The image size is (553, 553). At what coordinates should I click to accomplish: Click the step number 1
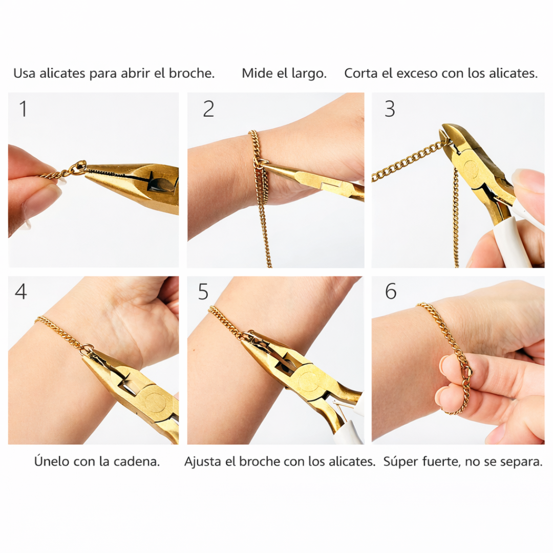pos(23,109)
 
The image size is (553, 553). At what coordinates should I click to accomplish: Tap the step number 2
pos(208,109)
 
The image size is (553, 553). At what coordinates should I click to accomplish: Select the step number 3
pos(390,109)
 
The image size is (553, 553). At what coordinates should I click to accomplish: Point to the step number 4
pos(20,291)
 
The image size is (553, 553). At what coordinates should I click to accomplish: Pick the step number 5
pos(203,291)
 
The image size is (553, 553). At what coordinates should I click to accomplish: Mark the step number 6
pos(391,291)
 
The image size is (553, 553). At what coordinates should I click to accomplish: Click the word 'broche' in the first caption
pos(192,73)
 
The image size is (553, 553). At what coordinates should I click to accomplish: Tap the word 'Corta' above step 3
pos(361,73)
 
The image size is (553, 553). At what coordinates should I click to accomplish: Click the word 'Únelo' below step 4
pos(52,461)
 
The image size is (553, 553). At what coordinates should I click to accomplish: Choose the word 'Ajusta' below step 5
pos(203,461)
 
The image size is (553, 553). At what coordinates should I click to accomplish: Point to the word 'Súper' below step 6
pos(401,461)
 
